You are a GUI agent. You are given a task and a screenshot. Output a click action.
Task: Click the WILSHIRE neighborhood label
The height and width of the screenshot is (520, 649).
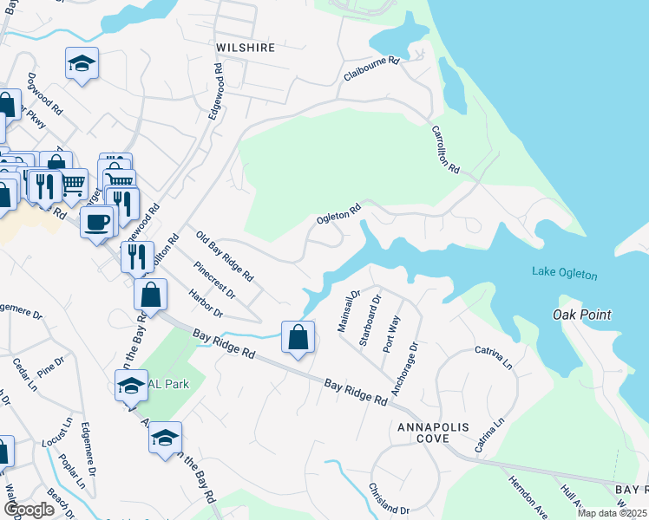(x=246, y=48)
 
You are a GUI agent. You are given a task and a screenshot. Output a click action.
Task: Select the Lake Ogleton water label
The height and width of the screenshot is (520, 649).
(x=565, y=275)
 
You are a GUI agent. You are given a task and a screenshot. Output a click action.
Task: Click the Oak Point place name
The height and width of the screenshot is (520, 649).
(x=582, y=315)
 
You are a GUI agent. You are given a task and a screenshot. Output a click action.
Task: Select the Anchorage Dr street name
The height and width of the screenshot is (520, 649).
(x=404, y=368)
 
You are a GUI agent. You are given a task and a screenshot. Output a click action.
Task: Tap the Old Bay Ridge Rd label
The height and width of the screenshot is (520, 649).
(x=224, y=257)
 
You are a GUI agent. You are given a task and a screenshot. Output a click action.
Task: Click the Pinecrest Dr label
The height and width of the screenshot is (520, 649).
(x=215, y=279)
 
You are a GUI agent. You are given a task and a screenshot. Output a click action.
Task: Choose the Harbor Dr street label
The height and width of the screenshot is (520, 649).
(x=206, y=302)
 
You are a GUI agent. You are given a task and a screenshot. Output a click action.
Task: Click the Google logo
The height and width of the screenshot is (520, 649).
(x=29, y=510)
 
